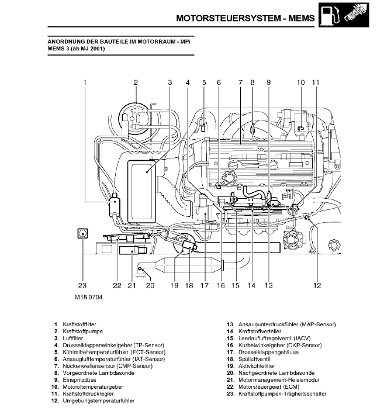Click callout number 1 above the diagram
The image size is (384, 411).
85,82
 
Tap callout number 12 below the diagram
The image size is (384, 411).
317,285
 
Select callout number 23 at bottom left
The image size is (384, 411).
82,285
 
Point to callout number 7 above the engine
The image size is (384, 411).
240,82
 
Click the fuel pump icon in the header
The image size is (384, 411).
331,15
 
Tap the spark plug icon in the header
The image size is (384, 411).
355,15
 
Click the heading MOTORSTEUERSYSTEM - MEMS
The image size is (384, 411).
245,18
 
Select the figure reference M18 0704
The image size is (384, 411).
89,297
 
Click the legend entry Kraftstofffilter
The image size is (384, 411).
79,324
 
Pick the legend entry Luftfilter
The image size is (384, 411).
72,339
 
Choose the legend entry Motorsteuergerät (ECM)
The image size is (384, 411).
269,387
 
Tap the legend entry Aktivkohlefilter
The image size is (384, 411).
257,366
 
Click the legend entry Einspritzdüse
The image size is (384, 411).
79,380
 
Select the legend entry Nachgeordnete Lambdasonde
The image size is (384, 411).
276,373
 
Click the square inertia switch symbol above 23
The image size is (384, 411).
82,233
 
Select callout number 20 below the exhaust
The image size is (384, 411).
150,285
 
